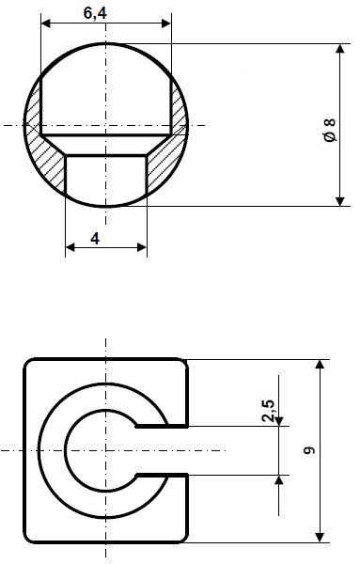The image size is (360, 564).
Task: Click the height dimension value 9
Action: pyautogui.click(x=309, y=451)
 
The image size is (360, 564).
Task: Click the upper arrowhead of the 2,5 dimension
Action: pyautogui.click(x=279, y=420)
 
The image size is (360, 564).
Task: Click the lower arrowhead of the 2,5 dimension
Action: pyautogui.click(x=279, y=480)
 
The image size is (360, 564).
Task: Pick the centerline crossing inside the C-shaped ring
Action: pyautogui.click(x=105, y=451)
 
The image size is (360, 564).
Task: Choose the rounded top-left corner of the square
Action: pyautogui.click(x=31, y=366)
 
